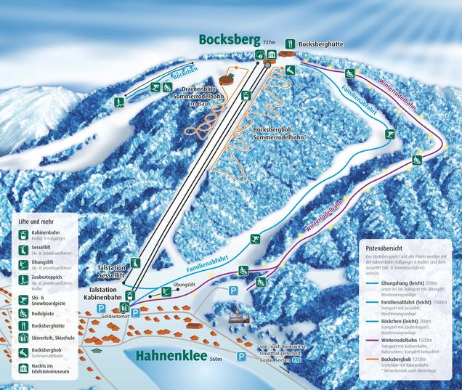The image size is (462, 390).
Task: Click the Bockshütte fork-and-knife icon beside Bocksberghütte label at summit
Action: (290, 43)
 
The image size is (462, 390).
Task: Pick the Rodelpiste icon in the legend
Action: (24, 314)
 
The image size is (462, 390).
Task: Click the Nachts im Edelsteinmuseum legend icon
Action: (24, 369)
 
